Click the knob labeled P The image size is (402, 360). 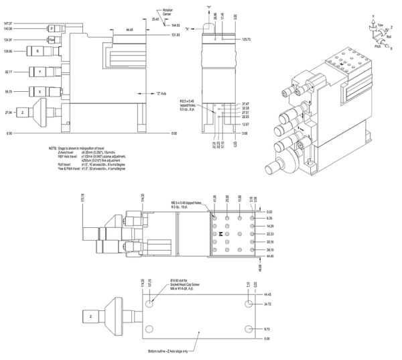pos(50,29)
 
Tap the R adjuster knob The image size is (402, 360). pos(38,51)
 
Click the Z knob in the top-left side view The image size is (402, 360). pos(23,112)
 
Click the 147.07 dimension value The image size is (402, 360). pos(8,23)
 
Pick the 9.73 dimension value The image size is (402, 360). pos(268,329)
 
